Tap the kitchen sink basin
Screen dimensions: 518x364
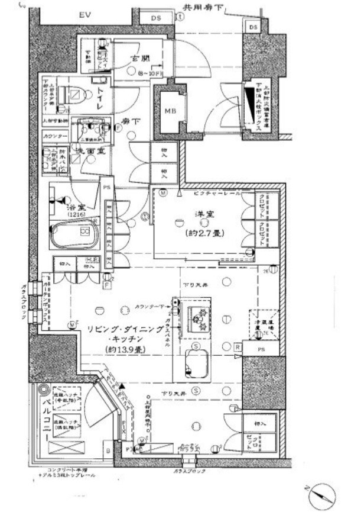(195, 359)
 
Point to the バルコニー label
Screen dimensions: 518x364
(44, 422)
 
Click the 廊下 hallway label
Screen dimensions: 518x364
(131, 121)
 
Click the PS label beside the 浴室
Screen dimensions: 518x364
(106, 188)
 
